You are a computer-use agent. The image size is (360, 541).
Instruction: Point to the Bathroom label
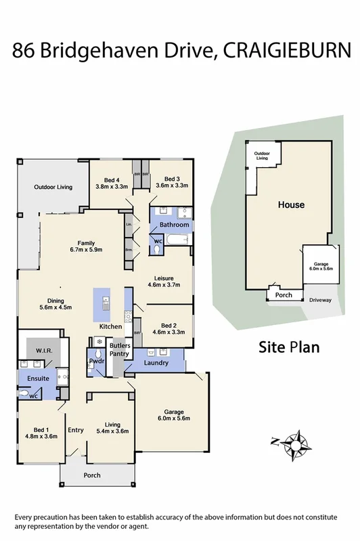(x=173, y=224)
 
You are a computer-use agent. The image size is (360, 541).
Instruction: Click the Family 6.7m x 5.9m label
(x=85, y=246)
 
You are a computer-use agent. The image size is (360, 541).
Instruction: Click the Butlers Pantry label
(x=120, y=349)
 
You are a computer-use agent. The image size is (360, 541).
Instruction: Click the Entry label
(x=75, y=430)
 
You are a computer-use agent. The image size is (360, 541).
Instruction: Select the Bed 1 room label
(x=41, y=433)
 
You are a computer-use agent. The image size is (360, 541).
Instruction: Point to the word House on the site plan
(x=290, y=204)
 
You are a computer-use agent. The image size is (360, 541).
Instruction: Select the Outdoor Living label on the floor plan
(x=53, y=187)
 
